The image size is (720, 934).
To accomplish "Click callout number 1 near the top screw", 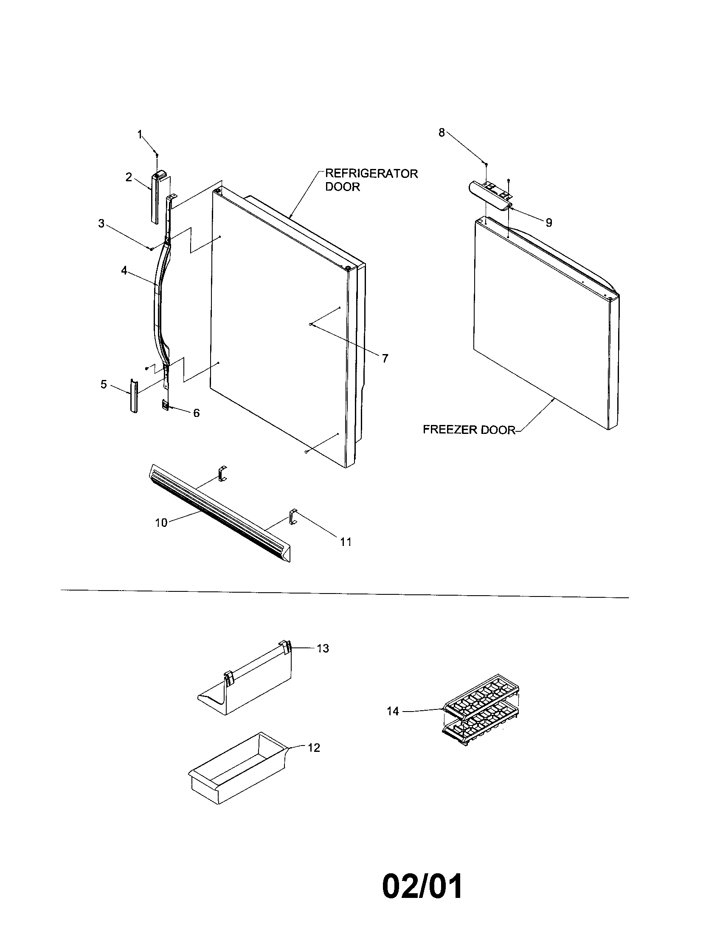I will [139, 134].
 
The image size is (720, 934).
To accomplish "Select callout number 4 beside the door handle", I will [124, 270].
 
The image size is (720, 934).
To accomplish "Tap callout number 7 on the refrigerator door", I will [385, 358].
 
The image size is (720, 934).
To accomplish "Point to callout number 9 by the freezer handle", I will [548, 222].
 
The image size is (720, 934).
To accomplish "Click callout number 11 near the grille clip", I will [346, 542].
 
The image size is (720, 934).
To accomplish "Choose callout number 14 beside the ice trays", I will [393, 711].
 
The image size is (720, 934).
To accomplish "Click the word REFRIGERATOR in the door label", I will [371, 174].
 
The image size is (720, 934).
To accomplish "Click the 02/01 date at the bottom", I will [422, 887].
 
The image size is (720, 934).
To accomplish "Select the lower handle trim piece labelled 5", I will [134, 396].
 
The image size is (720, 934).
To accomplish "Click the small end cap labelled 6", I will [165, 404].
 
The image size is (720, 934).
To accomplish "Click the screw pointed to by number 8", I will [486, 163].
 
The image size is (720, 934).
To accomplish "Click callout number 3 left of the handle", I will [101, 223].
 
